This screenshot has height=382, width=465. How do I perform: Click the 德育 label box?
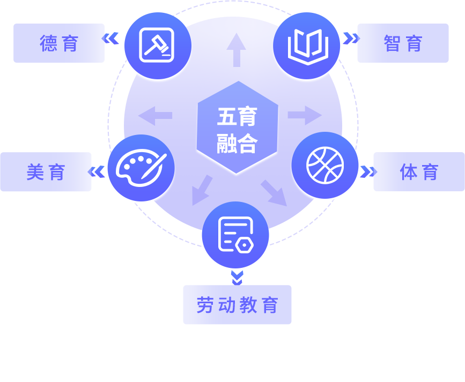[59, 43]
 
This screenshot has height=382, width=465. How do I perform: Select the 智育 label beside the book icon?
[403, 43]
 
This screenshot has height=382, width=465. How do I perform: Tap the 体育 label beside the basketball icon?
[419, 171]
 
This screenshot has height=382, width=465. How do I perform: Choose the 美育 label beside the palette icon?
[46, 171]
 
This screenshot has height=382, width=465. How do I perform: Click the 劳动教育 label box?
[237, 305]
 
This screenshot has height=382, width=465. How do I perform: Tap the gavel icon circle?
[158, 46]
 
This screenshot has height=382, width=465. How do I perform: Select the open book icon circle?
[306, 46]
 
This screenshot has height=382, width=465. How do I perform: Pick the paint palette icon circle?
[141, 168]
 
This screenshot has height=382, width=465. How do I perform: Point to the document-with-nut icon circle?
[235, 235]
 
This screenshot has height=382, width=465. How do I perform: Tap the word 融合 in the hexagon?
[237, 143]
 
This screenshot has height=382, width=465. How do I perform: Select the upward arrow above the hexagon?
[236, 49]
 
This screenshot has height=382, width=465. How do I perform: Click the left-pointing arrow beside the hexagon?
[155, 115]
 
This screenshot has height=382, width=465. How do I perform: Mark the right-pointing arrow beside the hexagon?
[304, 115]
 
